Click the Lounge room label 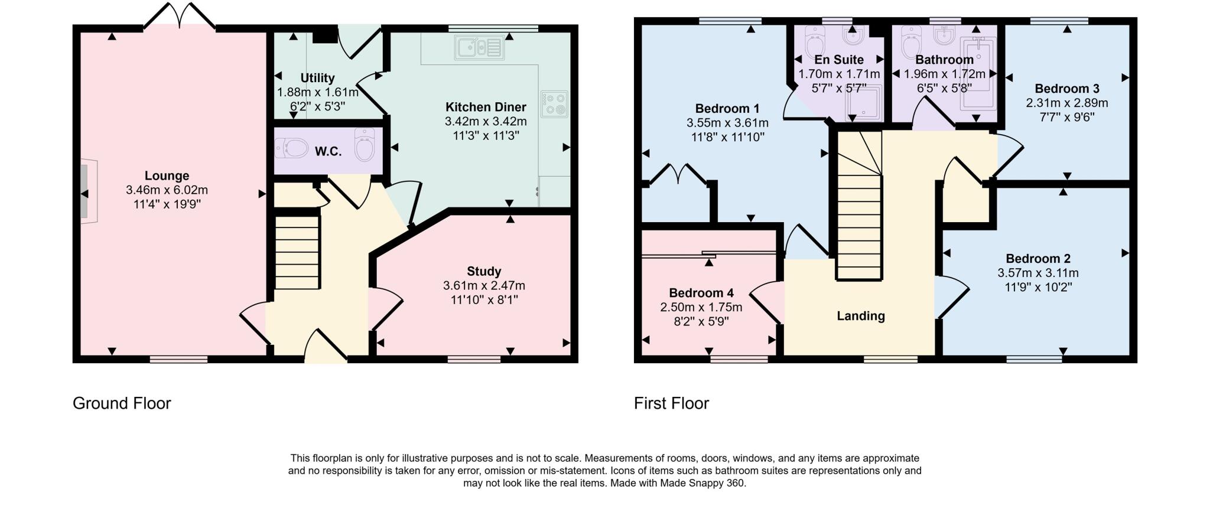tap(167, 175)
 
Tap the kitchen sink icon tap(479, 47)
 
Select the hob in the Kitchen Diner tap(554, 104)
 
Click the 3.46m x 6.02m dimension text tap(167, 190)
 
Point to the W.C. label tap(328, 151)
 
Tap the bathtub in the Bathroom tap(978, 74)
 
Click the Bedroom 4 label tap(701, 293)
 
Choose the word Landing tap(861, 316)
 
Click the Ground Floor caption tap(122, 403)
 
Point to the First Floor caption tap(671, 403)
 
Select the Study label tap(484, 271)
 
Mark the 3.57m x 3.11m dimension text tap(1037, 273)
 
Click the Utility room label tap(317, 78)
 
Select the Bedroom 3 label tap(1066, 89)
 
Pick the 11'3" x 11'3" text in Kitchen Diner tap(485, 136)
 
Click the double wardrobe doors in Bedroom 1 tap(679, 175)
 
